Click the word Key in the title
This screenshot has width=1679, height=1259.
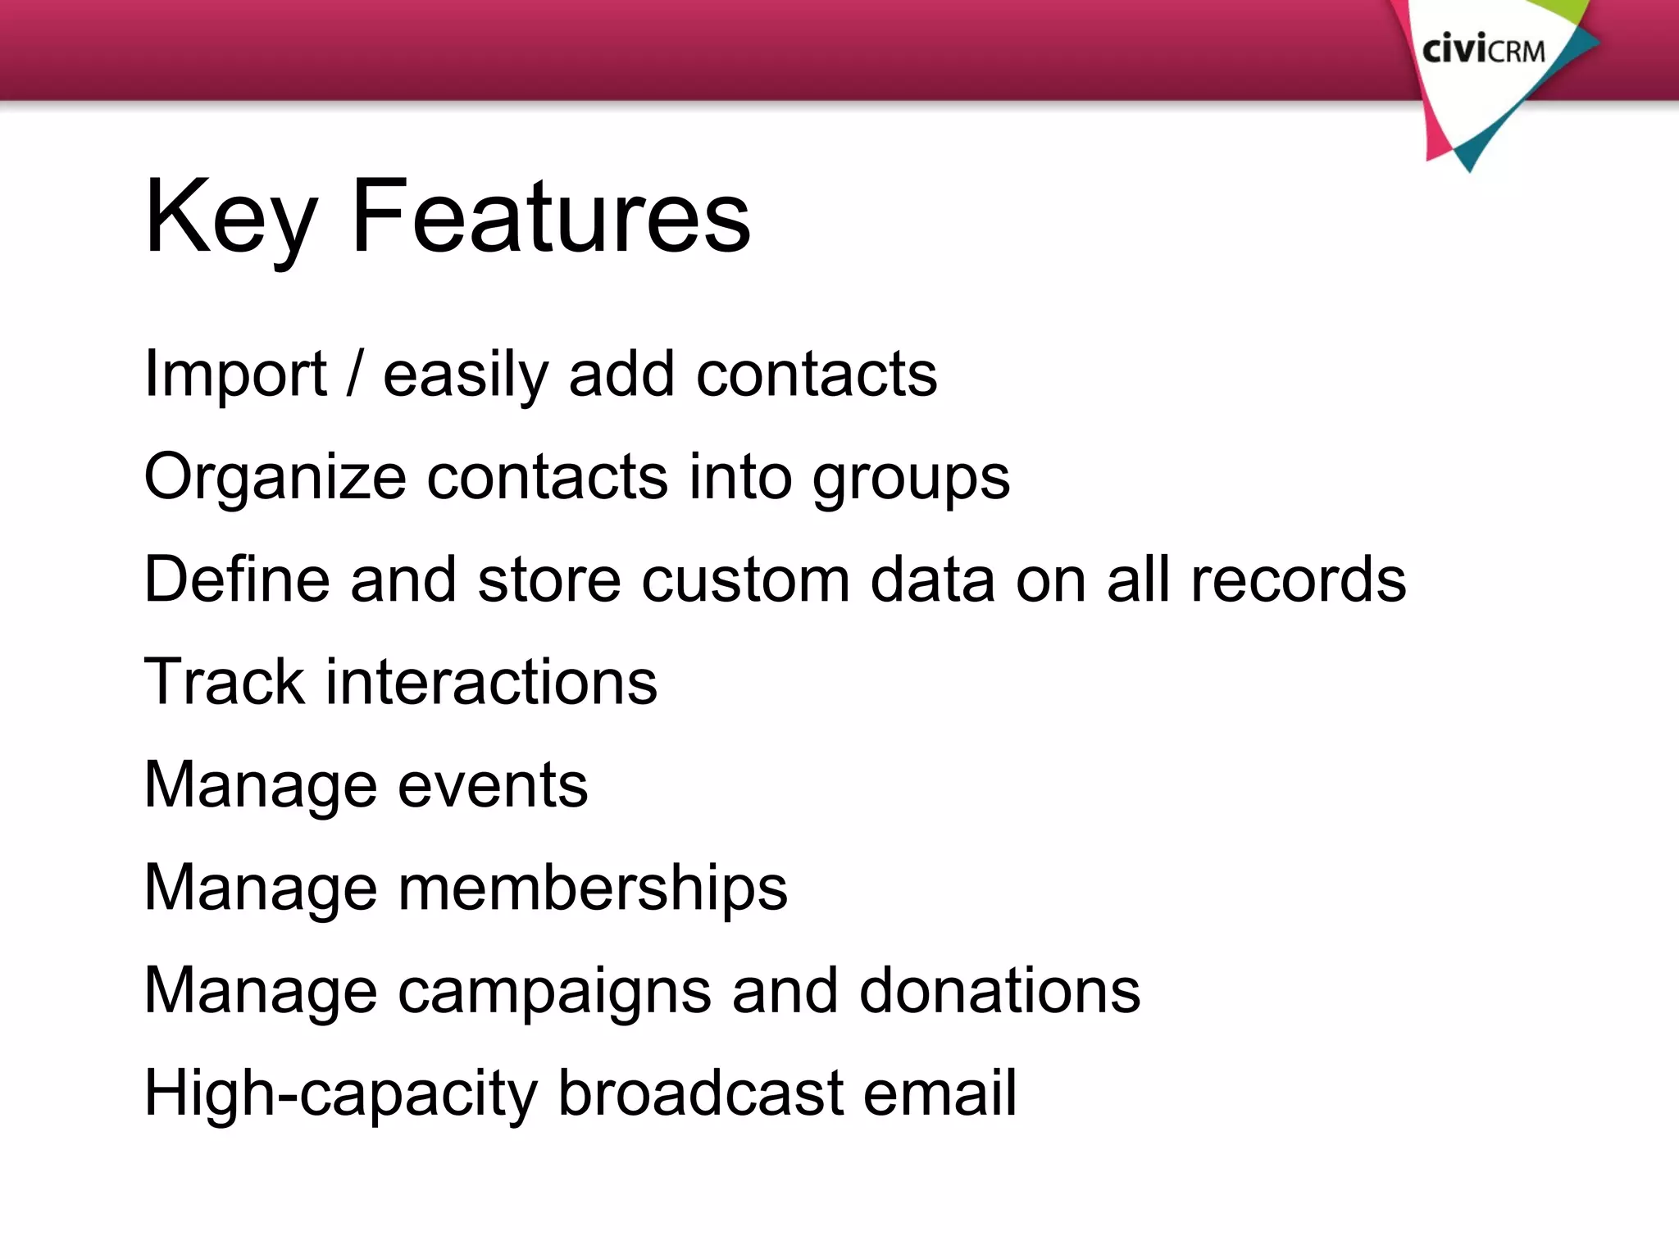(x=230, y=217)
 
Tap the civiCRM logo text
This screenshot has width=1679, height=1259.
(x=1483, y=51)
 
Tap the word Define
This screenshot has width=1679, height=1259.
(x=237, y=580)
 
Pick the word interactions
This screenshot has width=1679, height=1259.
(x=491, y=682)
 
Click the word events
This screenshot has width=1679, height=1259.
(x=493, y=785)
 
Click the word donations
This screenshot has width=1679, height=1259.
(x=999, y=990)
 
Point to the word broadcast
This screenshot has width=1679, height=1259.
(x=701, y=1093)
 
